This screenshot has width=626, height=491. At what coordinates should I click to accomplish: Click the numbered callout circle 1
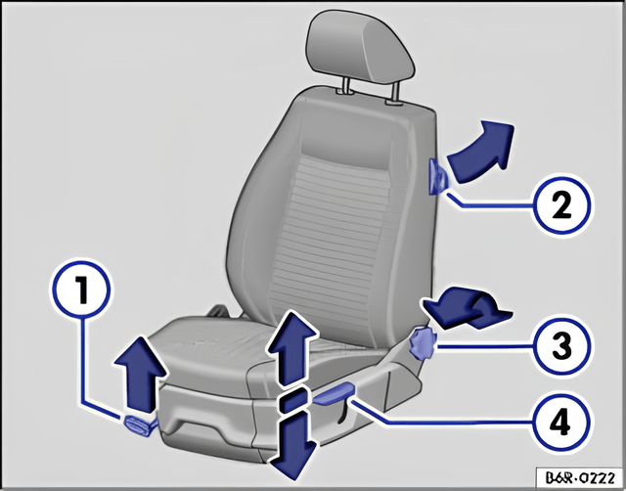[81, 290]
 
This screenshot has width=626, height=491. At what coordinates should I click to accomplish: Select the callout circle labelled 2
[561, 206]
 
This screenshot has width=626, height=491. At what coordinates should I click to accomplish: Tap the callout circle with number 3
[561, 345]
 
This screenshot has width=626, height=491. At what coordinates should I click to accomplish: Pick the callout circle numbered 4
[560, 422]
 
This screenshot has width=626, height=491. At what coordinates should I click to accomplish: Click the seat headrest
[360, 47]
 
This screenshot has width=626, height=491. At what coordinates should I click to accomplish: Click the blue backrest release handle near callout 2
[437, 176]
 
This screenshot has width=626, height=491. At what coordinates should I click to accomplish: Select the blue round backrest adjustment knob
[424, 342]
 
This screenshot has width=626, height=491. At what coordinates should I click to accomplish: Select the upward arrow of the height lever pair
[292, 348]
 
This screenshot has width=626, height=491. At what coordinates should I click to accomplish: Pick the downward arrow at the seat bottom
[292, 446]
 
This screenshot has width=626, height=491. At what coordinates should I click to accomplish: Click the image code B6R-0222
[579, 477]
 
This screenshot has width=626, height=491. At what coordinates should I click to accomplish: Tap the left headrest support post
[345, 86]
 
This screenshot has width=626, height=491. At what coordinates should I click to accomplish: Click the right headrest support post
[395, 93]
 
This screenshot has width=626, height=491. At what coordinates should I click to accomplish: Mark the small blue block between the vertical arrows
[293, 401]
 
